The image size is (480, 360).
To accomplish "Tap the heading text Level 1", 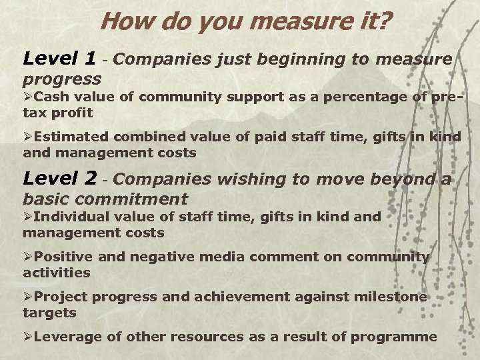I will point(59,60).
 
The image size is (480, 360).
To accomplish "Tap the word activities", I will point(56,272).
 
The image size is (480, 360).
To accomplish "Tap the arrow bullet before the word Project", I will point(28,297).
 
